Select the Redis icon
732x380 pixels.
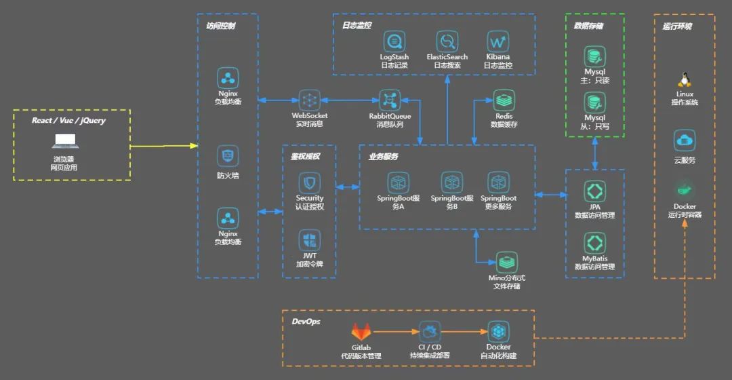(504, 100)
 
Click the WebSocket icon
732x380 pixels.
(310, 100)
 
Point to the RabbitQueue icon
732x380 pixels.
(390, 100)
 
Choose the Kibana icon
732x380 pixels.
(497, 41)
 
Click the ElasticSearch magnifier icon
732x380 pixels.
(447, 41)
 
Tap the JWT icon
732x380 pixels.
(310, 240)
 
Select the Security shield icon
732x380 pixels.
(310, 183)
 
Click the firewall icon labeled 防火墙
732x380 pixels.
(228, 156)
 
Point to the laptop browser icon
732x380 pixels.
(65, 142)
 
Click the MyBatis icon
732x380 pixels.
(594, 244)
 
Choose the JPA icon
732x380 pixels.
(594, 191)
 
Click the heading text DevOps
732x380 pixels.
(306, 321)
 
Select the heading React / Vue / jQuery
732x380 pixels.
(68, 120)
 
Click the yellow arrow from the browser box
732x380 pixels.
(163, 146)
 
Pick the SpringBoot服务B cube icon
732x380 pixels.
(452, 182)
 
